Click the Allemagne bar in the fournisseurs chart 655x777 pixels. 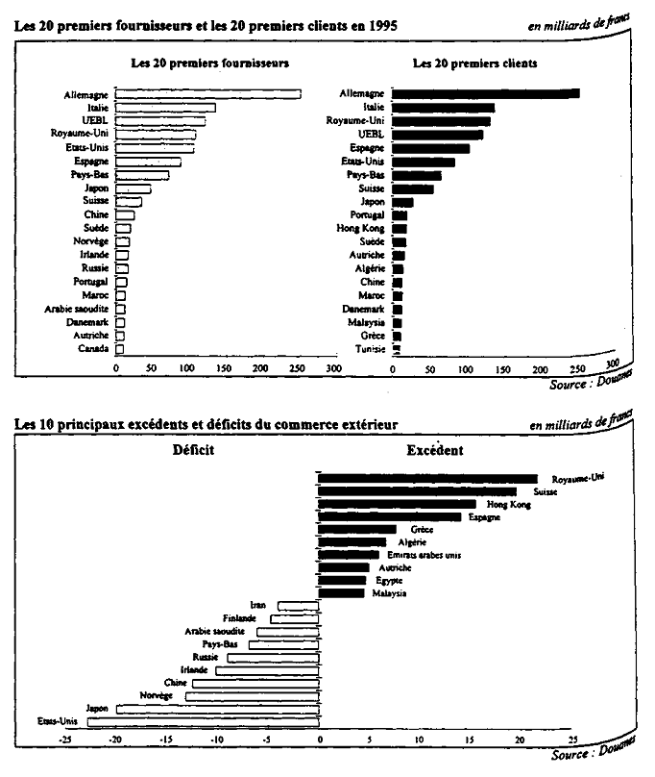[x=207, y=94]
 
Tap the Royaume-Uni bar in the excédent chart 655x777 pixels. [x=427, y=478]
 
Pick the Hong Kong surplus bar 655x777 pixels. [x=397, y=504]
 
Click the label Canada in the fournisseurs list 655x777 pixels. [x=93, y=348]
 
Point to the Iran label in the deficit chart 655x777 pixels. [x=257, y=605]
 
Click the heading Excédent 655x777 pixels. [x=435, y=450]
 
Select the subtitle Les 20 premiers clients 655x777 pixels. [x=474, y=63]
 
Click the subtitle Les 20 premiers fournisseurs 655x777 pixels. [x=211, y=63]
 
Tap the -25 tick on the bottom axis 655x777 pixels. [x=65, y=740]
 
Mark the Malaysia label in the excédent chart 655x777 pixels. [x=389, y=593]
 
